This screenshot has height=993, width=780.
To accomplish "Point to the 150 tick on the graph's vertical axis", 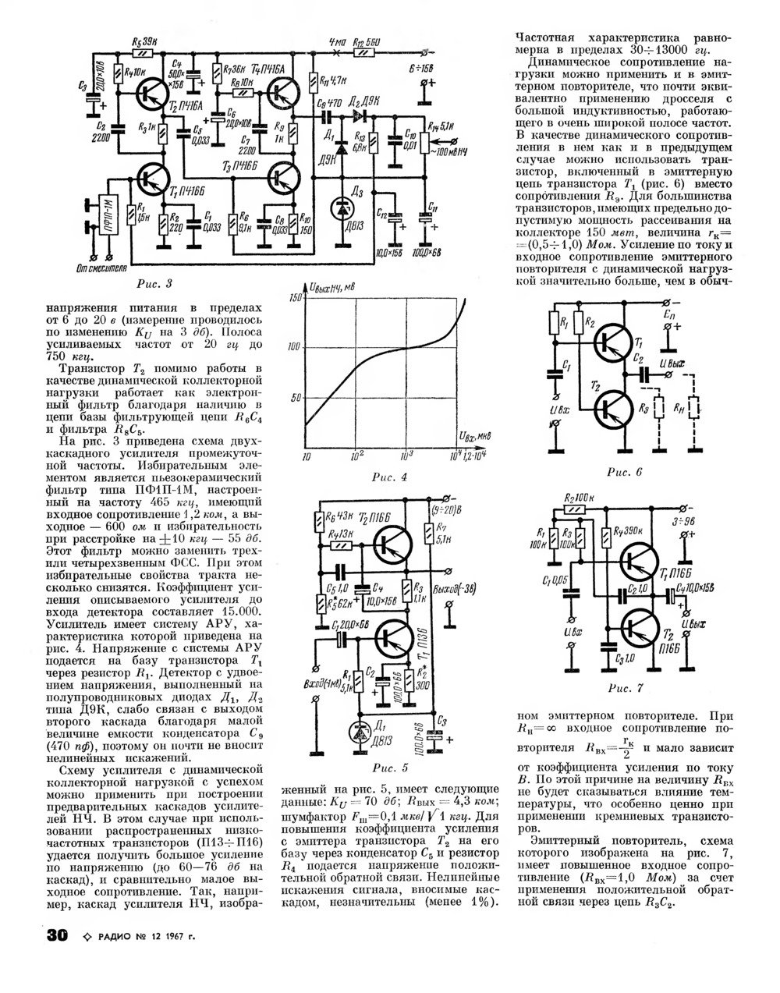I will tap(295, 298).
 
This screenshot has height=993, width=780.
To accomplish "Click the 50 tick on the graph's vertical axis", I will tap(295, 398).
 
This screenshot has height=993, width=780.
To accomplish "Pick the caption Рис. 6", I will tap(624, 472).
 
